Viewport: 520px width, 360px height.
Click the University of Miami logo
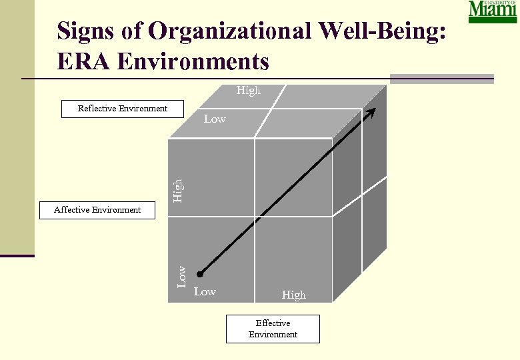point(493,12)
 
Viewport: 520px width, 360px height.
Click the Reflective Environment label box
point(123,109)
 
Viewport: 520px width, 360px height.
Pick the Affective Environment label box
point(97,210)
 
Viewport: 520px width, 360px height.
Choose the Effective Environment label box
point(273,329)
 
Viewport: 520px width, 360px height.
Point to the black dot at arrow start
point(199,274)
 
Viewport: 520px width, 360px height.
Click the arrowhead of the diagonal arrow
point(372,111)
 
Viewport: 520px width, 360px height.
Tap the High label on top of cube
point(248,91)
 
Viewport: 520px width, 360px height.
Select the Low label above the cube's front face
point(215,119)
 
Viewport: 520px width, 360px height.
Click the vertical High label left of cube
point(177,189)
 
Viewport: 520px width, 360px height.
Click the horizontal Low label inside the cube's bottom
point(205,292)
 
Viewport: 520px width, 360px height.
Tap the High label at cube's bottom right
point(293,295)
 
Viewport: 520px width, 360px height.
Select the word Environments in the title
point(193,61)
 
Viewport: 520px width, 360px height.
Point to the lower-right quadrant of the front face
point(293,257)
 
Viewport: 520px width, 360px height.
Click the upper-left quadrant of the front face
point(211,177)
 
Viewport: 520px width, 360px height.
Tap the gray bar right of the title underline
point(441,79)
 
